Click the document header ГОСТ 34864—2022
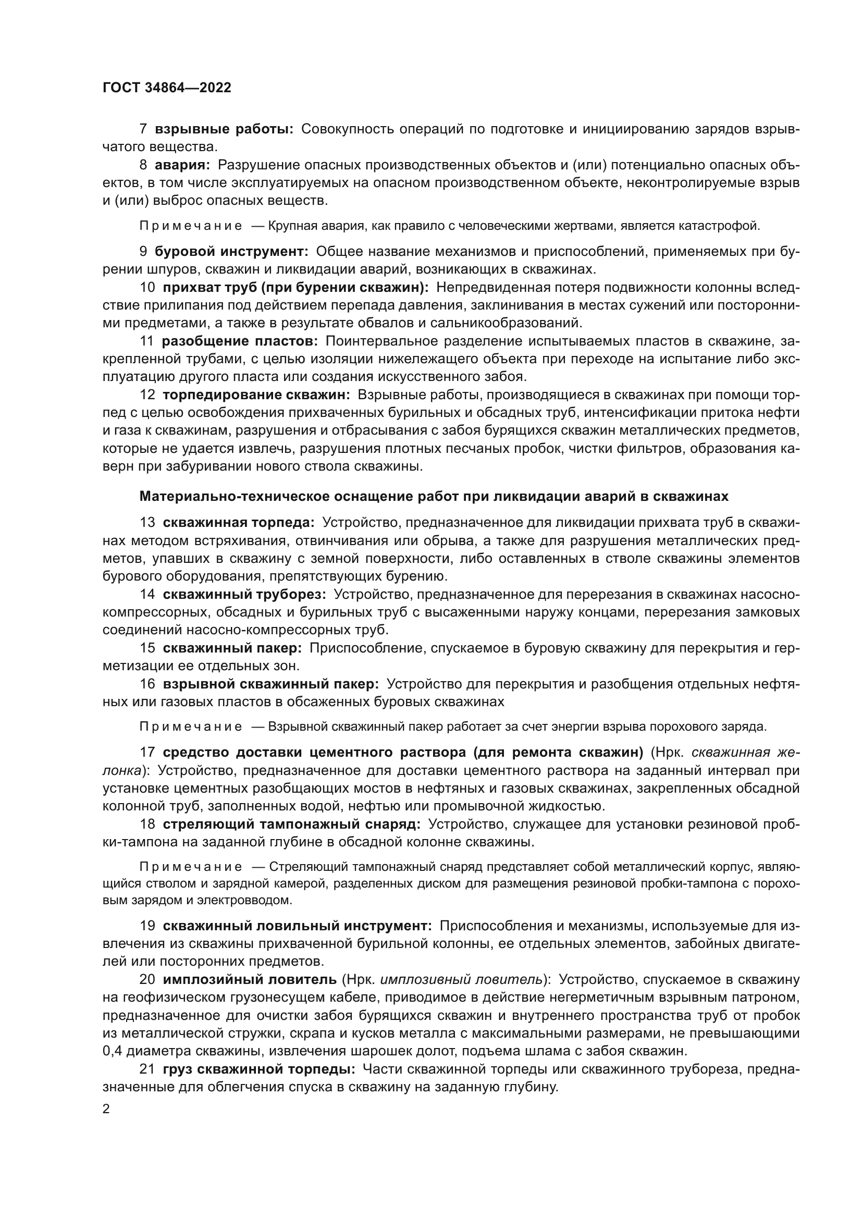[x=167, y=88]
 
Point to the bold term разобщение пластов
[x=239, y=341]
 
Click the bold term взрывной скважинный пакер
[x=271, y=684]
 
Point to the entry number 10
[x=147, y=287]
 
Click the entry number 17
[x=147, y=753]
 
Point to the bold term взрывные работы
[x=224, y=129]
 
